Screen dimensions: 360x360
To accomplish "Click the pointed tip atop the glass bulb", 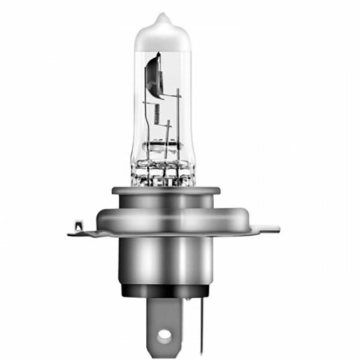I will [x=161, y=17].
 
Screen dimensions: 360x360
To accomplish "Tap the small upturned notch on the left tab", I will [x=77, y=225].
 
